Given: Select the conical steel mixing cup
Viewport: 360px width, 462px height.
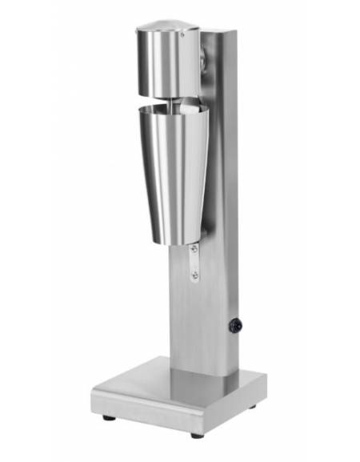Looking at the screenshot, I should point(172,168).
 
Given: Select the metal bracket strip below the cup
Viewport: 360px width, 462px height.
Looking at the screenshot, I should point(194,263).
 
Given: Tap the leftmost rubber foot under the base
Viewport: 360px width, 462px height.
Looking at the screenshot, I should point(106,416).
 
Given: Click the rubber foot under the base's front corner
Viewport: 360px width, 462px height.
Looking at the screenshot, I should point(196,434).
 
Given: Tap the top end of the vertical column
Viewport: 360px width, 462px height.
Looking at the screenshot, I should point(218,34).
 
